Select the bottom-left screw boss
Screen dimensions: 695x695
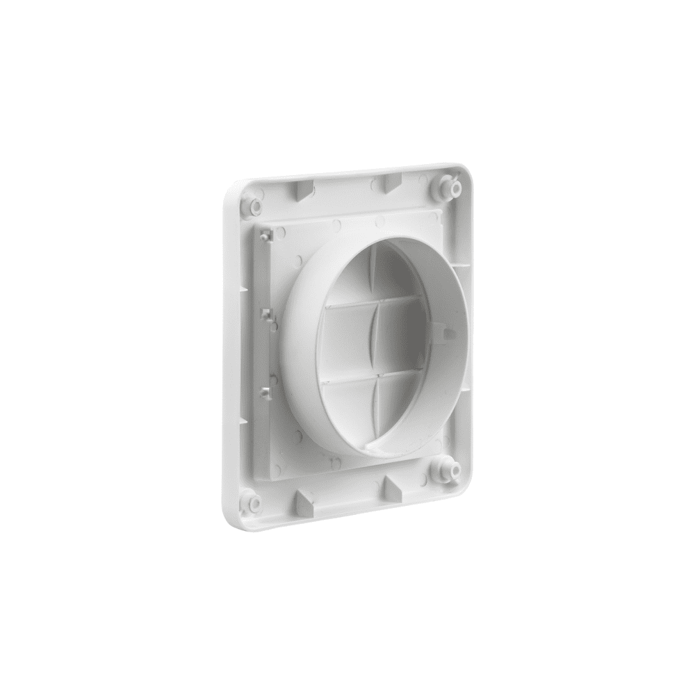click(x=252, y=502)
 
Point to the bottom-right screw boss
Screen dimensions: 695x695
click(x=445, y=471)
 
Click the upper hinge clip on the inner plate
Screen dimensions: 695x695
click(x=265, y=236)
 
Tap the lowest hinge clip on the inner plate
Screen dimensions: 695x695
click(x=266, y=392)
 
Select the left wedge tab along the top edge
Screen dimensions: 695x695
click(x=303, y=191)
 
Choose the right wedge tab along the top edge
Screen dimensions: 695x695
click(x=391, y=183)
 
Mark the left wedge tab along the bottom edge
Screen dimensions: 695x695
click(x=304, y=502)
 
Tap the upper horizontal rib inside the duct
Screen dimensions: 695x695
click(x=375, y=300)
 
